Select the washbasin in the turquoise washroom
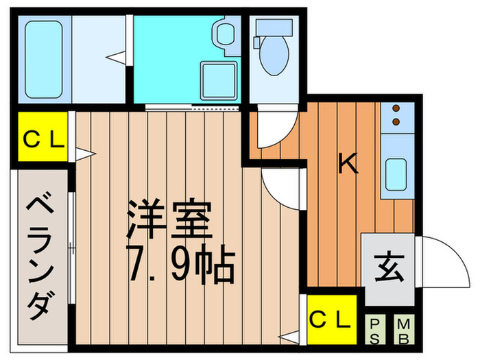(x=224, y=33)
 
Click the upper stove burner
(x=396, y=108)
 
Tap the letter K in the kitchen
(x=348, y=164)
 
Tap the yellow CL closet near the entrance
(x=331, y=319)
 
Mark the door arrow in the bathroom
(x=119, y=56)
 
